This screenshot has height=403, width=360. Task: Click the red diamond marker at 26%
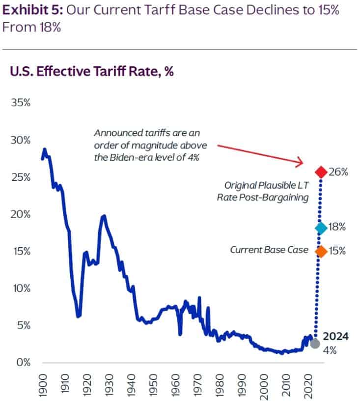[321, 172]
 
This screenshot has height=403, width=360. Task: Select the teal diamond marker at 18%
[321, 228]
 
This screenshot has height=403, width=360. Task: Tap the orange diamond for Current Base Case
[321, 251]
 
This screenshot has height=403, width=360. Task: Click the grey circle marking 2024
[315, 343]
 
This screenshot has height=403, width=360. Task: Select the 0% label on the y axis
[23, 363]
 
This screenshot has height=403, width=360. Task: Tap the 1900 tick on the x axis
[43, 385]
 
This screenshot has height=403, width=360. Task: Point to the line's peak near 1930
[104, 216]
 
